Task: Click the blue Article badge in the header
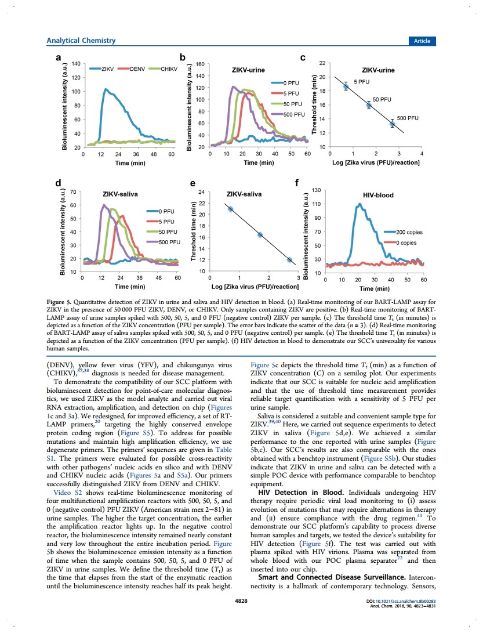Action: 422,41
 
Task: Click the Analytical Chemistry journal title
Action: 81,41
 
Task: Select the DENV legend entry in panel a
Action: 132,69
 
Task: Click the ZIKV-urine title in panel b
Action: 248,70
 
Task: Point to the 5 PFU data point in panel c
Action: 346,86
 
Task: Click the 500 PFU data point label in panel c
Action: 408,118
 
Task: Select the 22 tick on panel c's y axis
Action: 322,63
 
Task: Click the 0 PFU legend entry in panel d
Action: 161,211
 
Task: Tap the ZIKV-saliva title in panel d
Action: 120,194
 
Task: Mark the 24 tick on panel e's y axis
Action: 201,192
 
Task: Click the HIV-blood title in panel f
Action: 378,196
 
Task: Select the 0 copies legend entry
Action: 400,243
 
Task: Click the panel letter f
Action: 297,183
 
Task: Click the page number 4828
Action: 241,601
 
